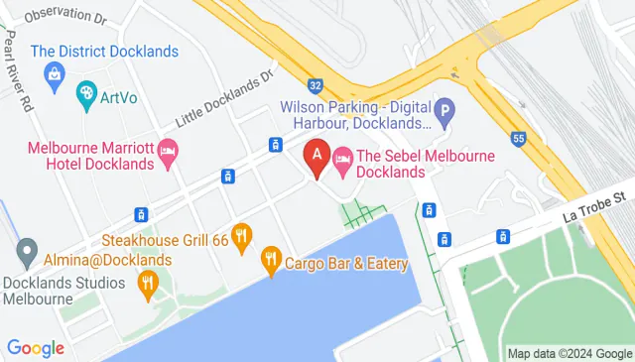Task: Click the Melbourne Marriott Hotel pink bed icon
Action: click(169, 153)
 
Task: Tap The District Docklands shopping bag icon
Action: click(53, 73)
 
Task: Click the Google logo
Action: click(36, 348)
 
